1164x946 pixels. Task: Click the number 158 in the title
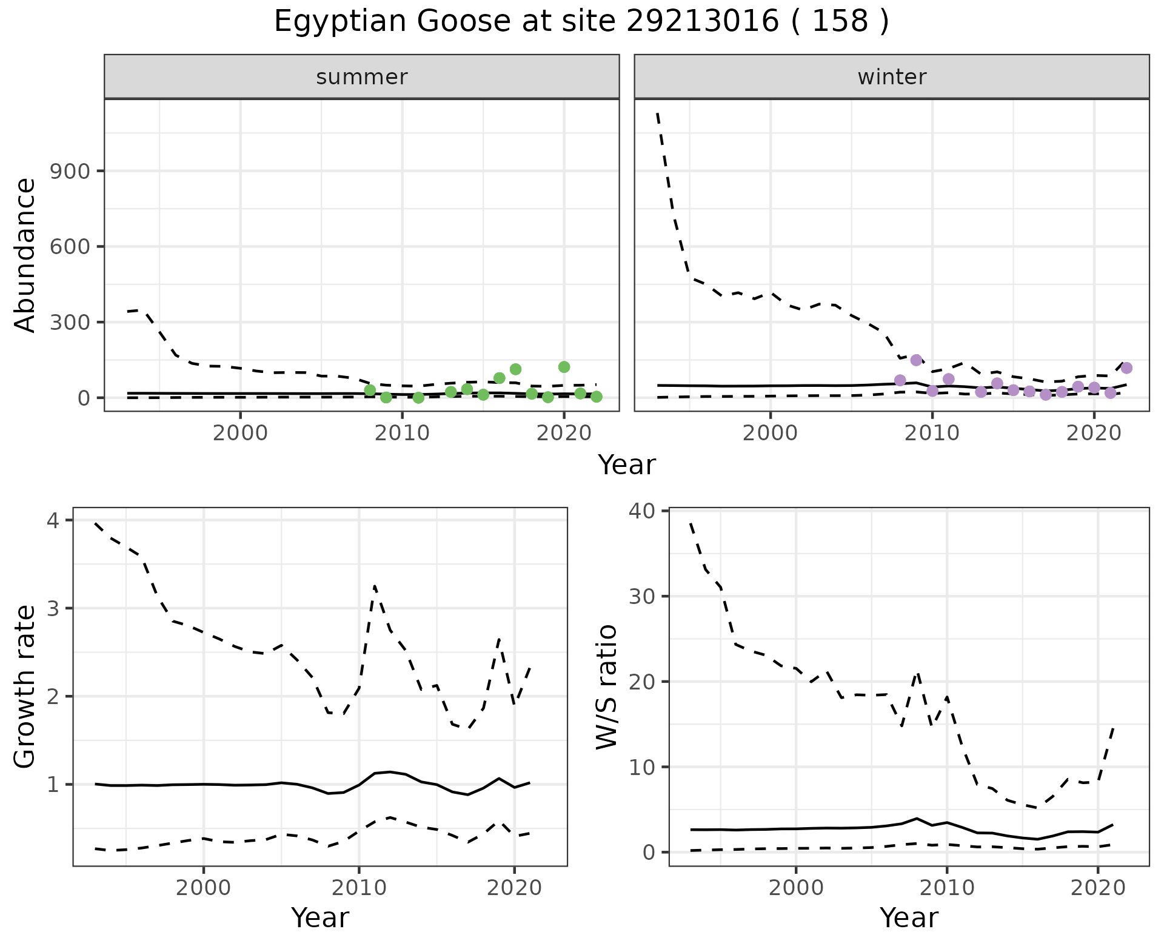840,22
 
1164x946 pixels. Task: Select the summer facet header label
362,77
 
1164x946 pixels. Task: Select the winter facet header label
892,77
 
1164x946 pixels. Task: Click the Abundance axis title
25,255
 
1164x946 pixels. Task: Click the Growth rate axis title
25,687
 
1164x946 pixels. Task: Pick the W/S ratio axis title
606,687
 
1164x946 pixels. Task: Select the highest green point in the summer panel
564,367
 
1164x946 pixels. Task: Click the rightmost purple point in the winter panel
1126,368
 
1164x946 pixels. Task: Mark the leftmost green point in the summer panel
370,390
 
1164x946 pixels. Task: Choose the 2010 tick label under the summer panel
402,434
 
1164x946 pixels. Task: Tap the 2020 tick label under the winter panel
1094,434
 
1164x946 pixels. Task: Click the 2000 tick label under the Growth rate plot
204,888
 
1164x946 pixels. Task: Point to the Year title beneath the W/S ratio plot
909,918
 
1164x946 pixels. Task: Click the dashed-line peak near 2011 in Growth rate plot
375,586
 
